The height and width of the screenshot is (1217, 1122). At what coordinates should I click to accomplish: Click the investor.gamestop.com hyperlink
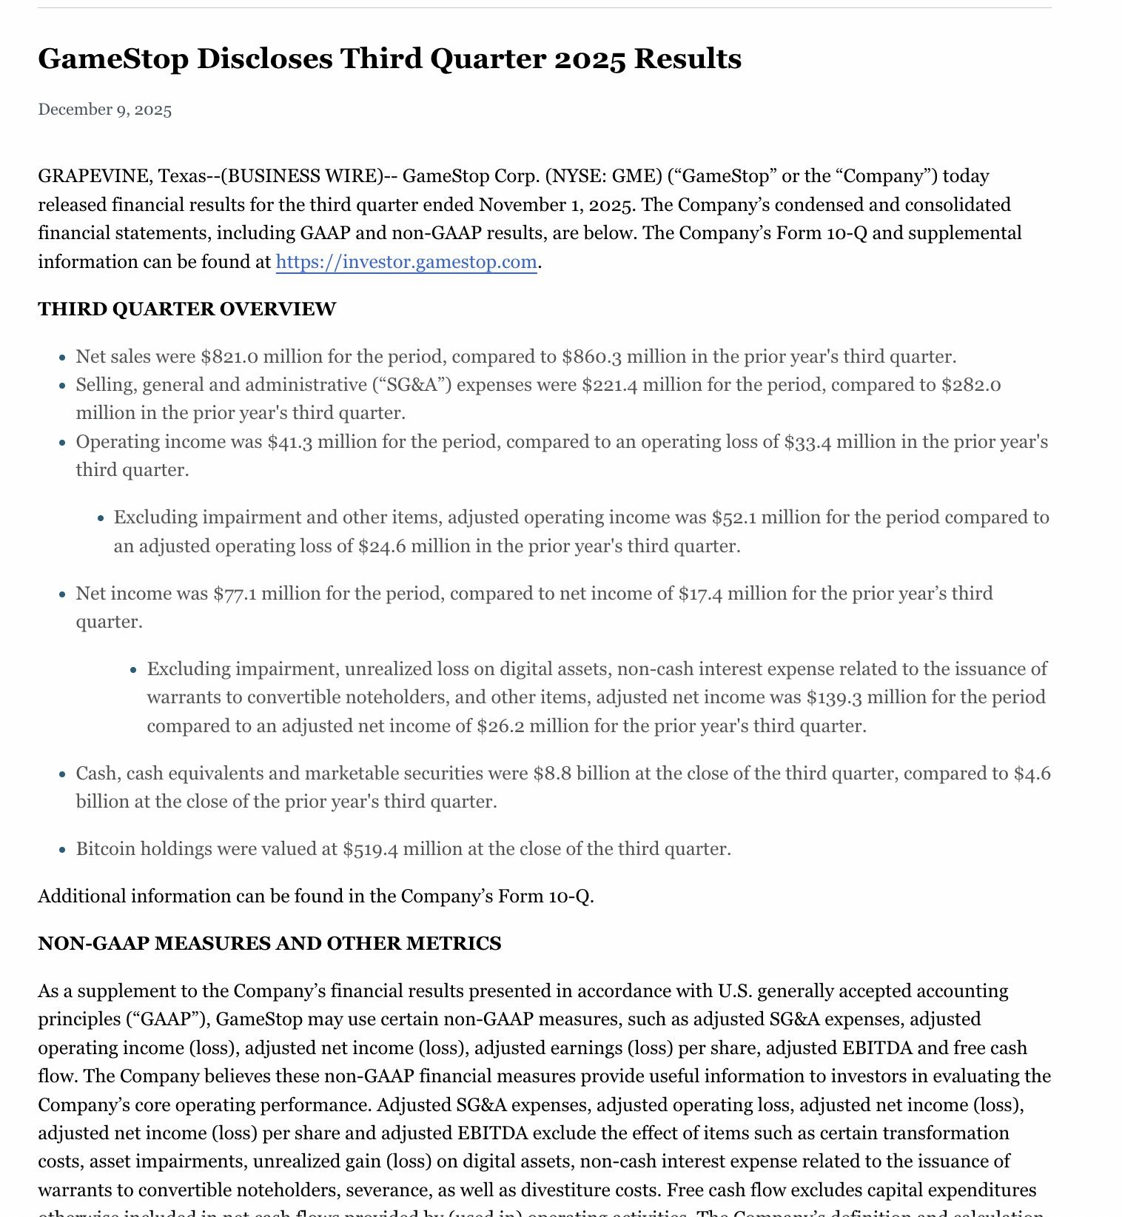[x=406, y=262]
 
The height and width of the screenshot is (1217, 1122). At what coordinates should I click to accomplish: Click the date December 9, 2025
[x=105, y=110]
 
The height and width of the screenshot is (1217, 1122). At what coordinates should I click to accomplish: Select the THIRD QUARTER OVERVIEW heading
[x=187, y=309]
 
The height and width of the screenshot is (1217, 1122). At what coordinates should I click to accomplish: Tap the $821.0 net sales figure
[x=229, y=357]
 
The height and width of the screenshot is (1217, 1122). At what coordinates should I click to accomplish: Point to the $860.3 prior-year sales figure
[x=591, y=357]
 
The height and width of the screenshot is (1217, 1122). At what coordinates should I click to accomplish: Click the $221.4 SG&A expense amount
[x=610, y=385]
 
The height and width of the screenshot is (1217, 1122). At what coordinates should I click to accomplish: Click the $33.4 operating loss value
[x=807, y=442]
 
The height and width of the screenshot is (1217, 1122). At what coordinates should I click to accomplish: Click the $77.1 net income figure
[x=235, y=594]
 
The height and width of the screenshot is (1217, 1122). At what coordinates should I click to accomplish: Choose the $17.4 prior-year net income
[x=700, y=594]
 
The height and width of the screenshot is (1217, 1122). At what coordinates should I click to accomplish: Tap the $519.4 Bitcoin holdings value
[x=370, y=849]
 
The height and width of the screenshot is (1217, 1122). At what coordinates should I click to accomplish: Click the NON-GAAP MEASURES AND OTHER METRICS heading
[x=269, y=944]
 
